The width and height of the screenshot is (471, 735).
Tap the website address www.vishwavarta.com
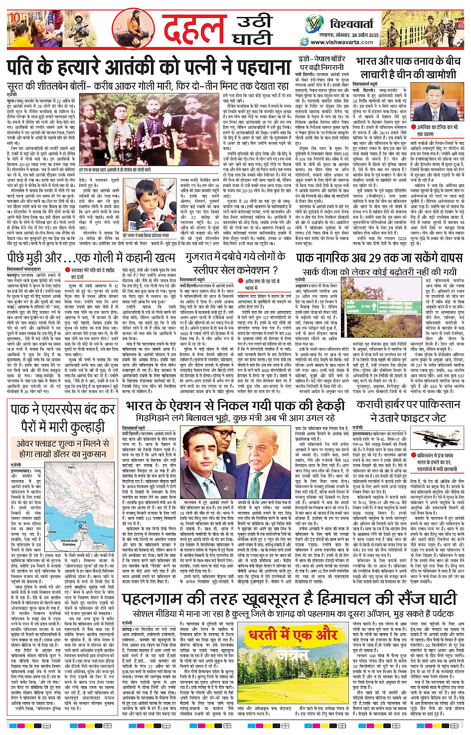344,42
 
